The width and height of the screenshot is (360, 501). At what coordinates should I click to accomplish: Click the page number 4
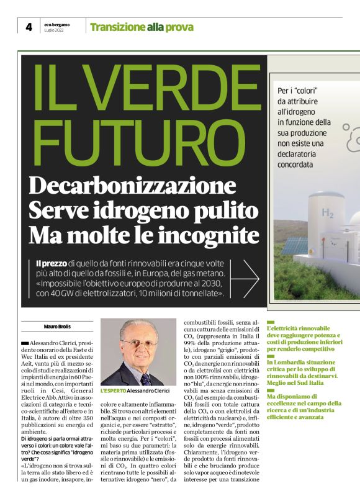[x=28, y=27]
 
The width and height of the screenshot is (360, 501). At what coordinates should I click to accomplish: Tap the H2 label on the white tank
[x=328, y=213]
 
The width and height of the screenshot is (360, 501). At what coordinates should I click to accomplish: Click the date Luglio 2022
[x=53, y=30]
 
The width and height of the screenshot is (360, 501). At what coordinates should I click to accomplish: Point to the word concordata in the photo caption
[x=300, y=165]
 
